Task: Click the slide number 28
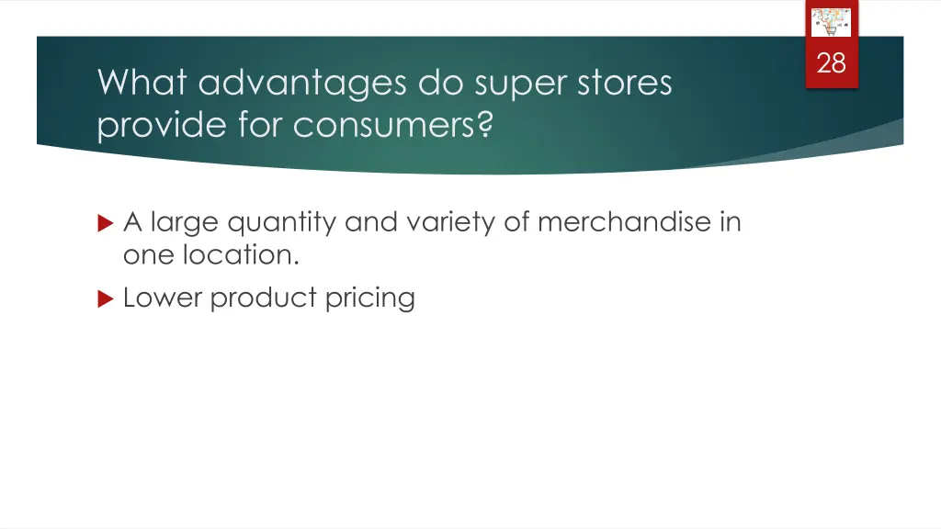tap(831, 63)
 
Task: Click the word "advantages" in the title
tap(301, 84)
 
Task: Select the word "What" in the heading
tap(143, 84)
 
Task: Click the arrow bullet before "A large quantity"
tap(105, 223)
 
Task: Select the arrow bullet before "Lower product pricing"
tap(105, 298)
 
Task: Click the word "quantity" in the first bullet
tap(282, 223)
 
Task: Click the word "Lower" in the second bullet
tap(163, 298)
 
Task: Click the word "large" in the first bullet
tap(184, 223)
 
